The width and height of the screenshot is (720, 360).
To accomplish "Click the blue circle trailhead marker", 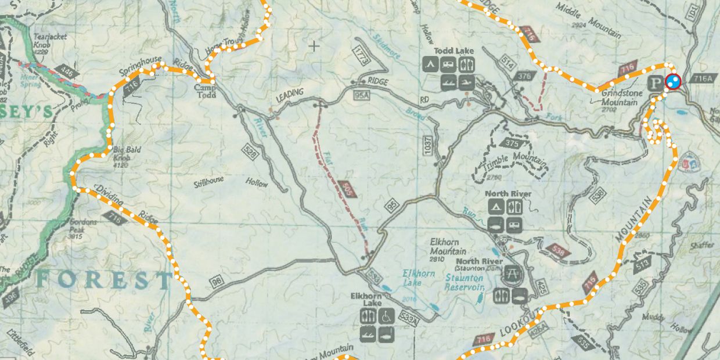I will click(x=673, y=82).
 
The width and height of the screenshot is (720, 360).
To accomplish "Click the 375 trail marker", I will click(x=512, y=143).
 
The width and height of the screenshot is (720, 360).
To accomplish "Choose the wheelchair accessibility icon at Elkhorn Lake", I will click(x=387, y=316).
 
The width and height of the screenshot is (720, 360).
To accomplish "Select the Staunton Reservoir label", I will click(x=465, y=283).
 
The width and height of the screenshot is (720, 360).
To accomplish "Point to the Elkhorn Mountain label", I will click(x=448, y=248).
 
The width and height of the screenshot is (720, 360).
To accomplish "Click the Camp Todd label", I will click(x=205, y=91).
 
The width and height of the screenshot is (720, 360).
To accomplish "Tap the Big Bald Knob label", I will click(x=123, y=152).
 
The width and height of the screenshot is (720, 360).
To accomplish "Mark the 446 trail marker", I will click(x=69, y=73).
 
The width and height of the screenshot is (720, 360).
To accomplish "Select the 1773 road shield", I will click(x=361, y=53).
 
